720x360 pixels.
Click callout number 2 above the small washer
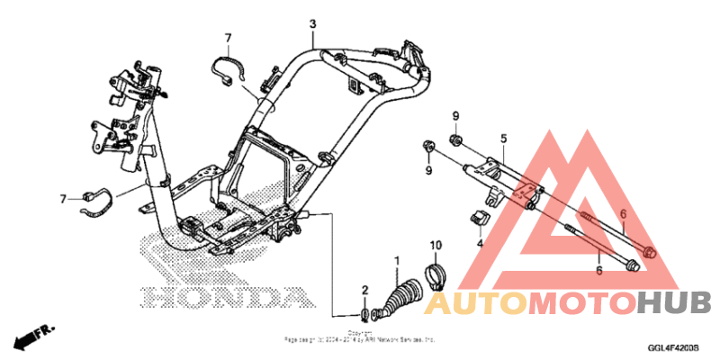point(364,290)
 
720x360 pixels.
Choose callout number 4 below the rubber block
point(480,243)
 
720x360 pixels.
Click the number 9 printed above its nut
point(455,116)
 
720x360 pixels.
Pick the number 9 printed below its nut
point(428,169)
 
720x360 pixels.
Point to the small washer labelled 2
point(364,314)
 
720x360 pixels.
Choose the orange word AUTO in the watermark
point(473,302)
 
